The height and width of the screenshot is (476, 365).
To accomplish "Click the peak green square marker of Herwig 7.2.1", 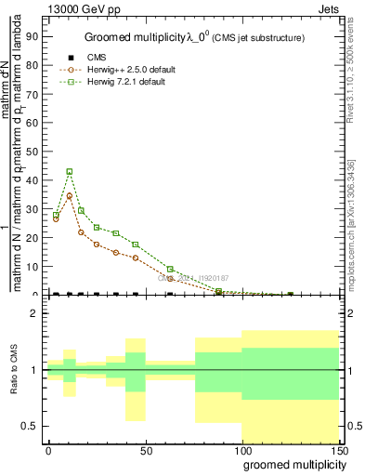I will [x=70, y=172].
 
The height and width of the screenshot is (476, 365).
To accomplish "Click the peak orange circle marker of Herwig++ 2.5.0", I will [x=70, y=196].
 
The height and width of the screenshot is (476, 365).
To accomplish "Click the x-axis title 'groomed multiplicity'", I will [x=290, y=463].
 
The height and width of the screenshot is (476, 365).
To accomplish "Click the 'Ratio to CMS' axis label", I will [x=16, y=370].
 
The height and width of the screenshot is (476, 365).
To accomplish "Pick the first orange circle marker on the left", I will [x=56, y=218].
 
